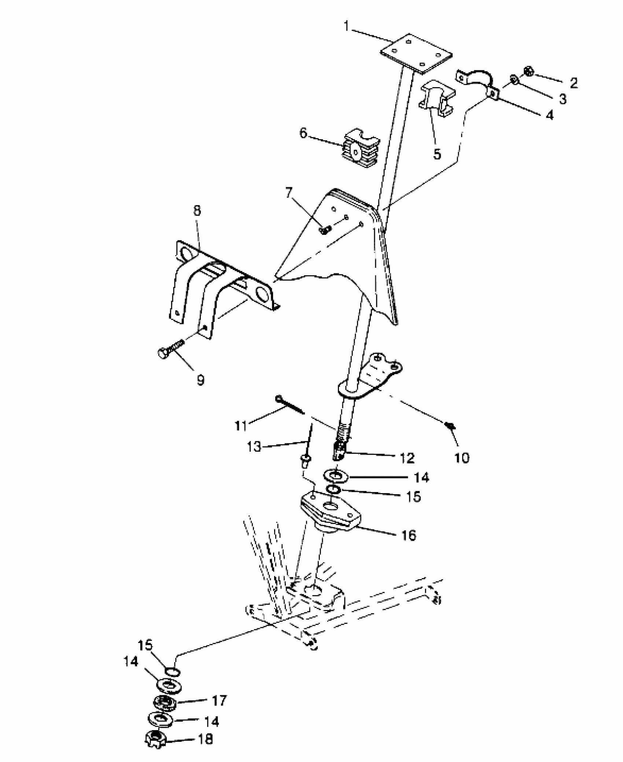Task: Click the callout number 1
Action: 346,26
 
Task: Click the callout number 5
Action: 437,154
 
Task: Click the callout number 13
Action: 254,447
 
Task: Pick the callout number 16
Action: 409,536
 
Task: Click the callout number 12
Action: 407,458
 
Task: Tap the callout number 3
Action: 562,99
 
